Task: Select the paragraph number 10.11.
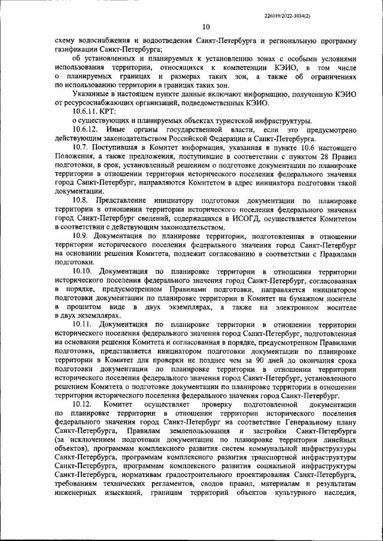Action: coord(82,325)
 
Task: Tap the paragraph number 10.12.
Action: coord(82,405)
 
